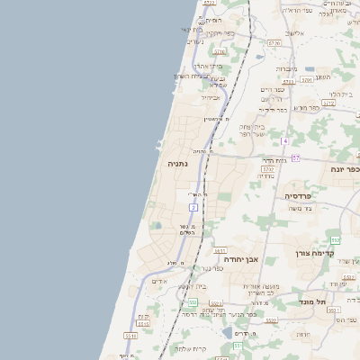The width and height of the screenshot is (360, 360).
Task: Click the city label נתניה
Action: tap(177, 164)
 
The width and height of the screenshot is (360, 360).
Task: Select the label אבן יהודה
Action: tap(241, 259)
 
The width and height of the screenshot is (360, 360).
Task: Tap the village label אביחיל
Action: tap(210, 97)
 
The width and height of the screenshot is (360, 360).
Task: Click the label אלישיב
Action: tap(294, 34)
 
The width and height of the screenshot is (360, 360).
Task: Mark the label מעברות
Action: tap(286, 68)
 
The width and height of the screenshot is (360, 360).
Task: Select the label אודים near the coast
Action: tap(159, 281)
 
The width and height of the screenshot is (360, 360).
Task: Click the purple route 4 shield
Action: tap(283, 141)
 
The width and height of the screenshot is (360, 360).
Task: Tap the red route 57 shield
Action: tap(295, 157)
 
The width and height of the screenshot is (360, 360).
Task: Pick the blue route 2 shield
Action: tap(193, 208)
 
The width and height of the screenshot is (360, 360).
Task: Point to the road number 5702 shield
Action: tap(268, 168)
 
